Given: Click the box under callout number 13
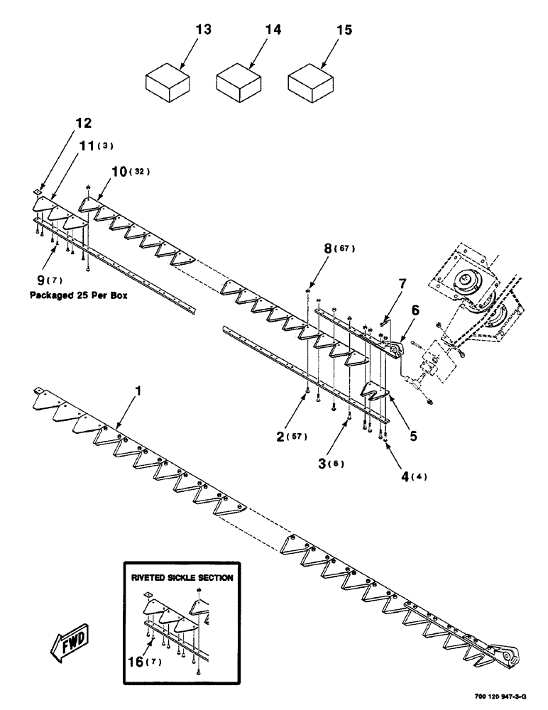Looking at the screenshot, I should [x=168, y=83].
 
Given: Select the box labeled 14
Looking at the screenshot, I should [x=239, y=83].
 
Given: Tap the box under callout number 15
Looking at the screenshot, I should [x=310, y=83].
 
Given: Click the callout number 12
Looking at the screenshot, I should [x=83, y=124].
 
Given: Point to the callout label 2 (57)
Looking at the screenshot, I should [x=291, y=436].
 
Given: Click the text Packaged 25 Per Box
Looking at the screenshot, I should [x=79, y=294].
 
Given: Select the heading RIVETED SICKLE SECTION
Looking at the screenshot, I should [x=181, y=578].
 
